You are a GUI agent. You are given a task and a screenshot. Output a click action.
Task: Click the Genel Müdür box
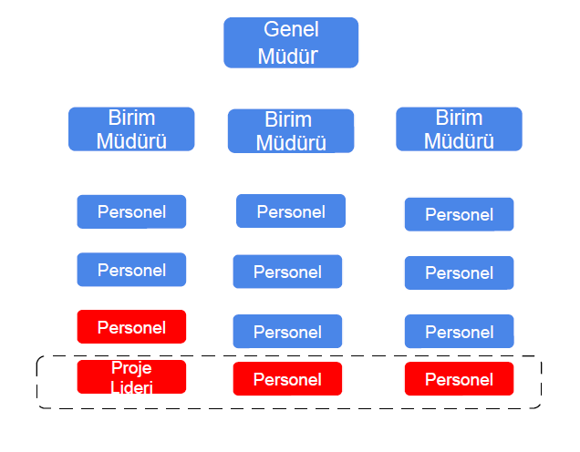click(x=291, y=43)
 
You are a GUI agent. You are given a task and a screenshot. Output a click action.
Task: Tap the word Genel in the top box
click(x=291, y=29)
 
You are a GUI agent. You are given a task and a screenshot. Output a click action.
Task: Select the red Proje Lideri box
click(x=131, y=376)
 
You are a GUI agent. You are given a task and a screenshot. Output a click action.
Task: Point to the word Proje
click(x=131, y=368)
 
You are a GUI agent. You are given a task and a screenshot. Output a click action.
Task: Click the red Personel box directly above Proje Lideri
click(x=131, y=327)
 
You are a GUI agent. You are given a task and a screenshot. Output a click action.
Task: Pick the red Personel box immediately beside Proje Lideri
click(x=287, y=379)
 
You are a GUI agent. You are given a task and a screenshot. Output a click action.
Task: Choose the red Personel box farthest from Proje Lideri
click(x=459, y=379)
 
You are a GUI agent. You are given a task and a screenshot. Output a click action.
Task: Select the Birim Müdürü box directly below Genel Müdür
click(x=291, y=131)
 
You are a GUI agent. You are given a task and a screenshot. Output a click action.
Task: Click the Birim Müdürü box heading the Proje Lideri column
click(x=131, y=129)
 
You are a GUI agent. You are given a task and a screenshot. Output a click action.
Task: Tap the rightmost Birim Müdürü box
click(x=459, y=129)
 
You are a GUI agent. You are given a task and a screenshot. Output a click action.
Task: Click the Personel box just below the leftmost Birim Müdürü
click(x=131, y=211)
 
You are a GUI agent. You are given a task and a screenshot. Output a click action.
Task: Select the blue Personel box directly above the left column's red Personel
click(x=131, y=270)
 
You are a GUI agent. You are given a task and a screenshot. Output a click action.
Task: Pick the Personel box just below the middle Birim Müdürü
click(x=291, y=211)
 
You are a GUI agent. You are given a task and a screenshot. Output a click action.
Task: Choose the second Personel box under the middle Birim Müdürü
click(x=287, y=272)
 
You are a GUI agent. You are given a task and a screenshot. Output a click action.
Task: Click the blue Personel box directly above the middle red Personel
click(x=287, y=331)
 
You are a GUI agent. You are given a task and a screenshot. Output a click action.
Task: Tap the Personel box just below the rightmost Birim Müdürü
click(x=459, y=214)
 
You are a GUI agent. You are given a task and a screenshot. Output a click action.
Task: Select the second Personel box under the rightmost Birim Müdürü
click(x=459, y=272)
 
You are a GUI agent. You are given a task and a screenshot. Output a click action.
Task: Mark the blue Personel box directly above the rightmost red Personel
click(x=459, y=331)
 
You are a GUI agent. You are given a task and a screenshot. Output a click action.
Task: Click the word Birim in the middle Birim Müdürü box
click(x=288, y=119)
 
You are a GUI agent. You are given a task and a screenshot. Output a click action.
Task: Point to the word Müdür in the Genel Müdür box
click(x=288, y=56)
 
